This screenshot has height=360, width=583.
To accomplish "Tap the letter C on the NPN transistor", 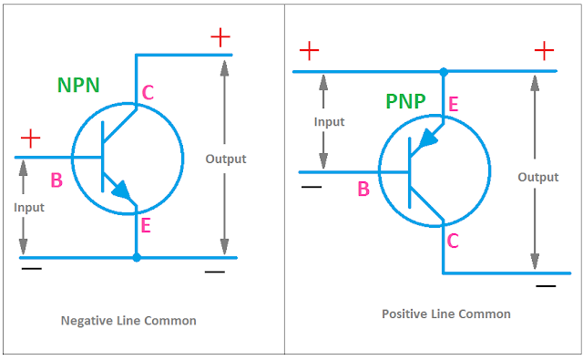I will pos(148,92).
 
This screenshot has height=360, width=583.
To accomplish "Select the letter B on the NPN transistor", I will pos(56,180).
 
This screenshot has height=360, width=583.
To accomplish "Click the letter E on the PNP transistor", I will pos(453,104).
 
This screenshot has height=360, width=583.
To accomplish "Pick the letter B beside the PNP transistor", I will pos(363,190).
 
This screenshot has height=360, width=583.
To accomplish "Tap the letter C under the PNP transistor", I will pos(453,241).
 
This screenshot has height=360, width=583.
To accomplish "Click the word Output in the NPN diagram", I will pos(226,159).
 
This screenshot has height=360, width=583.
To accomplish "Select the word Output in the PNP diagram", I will pos(538,177).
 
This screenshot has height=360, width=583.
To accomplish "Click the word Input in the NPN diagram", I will pos(29,207).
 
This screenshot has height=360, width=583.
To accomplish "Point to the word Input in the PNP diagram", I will pos(329,121).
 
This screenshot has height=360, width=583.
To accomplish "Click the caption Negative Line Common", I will pos(128,321).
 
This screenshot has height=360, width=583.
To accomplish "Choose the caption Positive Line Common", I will pos(446,314).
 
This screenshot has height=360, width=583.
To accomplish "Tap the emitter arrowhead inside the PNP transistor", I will pos(425,139).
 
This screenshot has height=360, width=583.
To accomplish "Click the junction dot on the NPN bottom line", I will pos(137,258).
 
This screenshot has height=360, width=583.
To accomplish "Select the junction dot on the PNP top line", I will pos(444,71).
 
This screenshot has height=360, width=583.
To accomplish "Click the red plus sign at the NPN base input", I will pos(30,139).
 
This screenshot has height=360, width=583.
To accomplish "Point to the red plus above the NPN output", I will pos(220,36).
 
